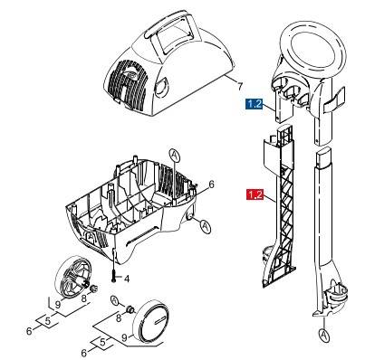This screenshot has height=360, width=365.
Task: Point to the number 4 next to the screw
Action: pyautogui.click(x=128, y=277)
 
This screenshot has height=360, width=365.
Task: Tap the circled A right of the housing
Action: pyautogui.click(x=206, y=224)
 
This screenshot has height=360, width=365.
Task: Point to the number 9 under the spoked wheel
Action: pyautogui.click(x=57, y=305)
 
